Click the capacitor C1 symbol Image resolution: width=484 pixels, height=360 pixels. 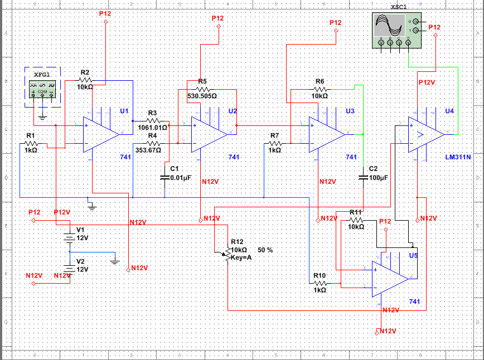pos(165,177)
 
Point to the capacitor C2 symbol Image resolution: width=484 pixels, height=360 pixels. pos(363,177)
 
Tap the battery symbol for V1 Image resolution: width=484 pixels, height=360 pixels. pos(68,236)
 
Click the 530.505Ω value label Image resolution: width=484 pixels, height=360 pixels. pos(202,96)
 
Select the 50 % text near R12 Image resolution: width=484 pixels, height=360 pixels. pos(265,250)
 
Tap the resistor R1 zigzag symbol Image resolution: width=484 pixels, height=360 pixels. pos(38,145)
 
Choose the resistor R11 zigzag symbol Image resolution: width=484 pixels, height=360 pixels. pos(357,220)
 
